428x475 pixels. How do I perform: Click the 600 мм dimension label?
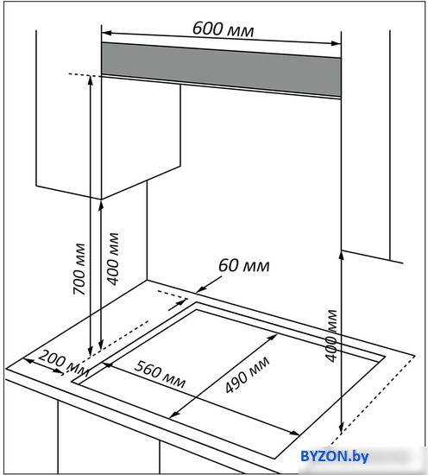tap(223, 29)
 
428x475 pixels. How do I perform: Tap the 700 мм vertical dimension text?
tap(79, 269)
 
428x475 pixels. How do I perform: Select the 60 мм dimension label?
tap(243, 265)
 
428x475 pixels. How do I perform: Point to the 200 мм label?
tap(64, 363)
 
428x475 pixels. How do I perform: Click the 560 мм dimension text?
tap(160, 374)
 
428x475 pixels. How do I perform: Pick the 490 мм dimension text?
tap(248, 375)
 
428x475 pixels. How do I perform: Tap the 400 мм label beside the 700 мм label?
tap(114, 259)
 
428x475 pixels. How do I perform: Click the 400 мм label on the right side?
tap(331, 336)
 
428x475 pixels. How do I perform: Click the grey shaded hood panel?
tap(221, 70)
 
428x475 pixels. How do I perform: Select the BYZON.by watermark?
tap(334, 456)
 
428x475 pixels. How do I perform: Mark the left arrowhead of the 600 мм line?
tap(106, 33)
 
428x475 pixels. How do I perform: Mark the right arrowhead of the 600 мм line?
tap(337, 43)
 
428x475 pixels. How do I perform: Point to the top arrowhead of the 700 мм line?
tap(91, 80)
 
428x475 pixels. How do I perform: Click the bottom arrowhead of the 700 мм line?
tap(91, 351)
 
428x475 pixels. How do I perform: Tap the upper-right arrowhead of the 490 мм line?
tap(274, 337)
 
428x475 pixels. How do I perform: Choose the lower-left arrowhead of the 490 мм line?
tap(173, 415)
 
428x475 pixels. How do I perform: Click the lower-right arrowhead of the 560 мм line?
tap(295, 434)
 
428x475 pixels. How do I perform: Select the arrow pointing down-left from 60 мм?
tap(209, 285)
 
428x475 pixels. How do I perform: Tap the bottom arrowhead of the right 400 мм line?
tap(341, 429)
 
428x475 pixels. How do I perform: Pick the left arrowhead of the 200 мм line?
tap(28, 360)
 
